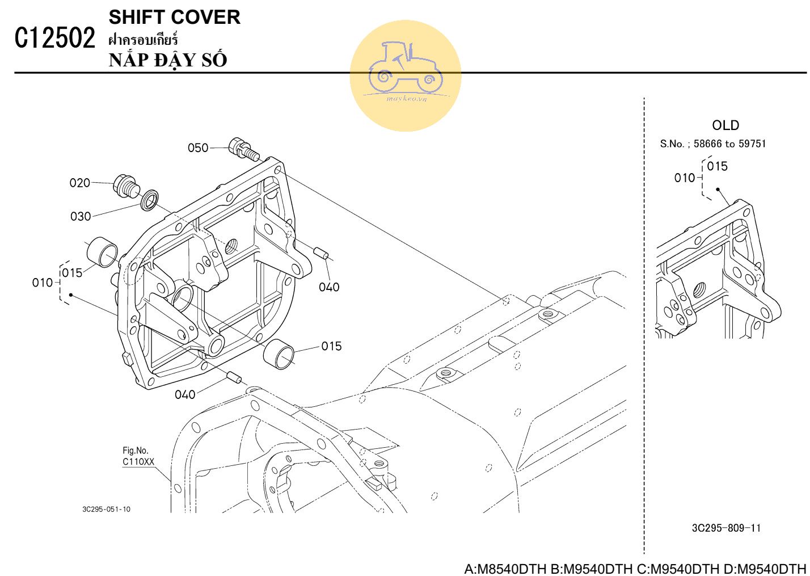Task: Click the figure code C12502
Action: (x=54, y=38)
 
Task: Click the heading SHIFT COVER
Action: (x=174, y=17)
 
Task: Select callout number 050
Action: (x=198, y=148)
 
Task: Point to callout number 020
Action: (x=80, y=183)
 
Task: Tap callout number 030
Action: (x=81, y=216)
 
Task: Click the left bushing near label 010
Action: (x=102, y=252)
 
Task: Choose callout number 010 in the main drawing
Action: (x=43, y=283)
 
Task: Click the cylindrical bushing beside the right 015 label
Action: (x=279, y=352)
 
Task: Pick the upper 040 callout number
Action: (x=329, y=287)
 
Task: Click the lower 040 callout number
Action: (x=185, y=394)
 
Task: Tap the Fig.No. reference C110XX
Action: (x=138, y=462)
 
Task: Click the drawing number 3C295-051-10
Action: (x=106, y=509)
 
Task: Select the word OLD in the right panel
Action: (x=725, y=125)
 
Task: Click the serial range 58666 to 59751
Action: (x=729, y=144)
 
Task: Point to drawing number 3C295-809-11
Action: (x=726, y=528)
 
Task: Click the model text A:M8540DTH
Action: (x=505, y=569)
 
